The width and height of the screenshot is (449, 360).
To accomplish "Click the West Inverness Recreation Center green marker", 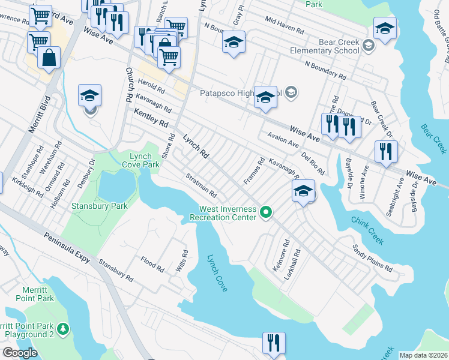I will [264, 211].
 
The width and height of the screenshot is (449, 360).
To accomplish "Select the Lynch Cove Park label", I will [141, 159].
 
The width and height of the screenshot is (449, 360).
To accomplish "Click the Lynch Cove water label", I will [217, 273].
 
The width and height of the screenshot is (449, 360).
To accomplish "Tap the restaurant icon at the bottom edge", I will [274, 343].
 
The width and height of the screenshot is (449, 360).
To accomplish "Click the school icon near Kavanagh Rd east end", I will [304, 191].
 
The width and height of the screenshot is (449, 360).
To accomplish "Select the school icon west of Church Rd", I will [89, 95].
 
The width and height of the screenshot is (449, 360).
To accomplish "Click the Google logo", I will [19, 353].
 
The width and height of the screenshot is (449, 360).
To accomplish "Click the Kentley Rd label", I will [151, 118].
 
